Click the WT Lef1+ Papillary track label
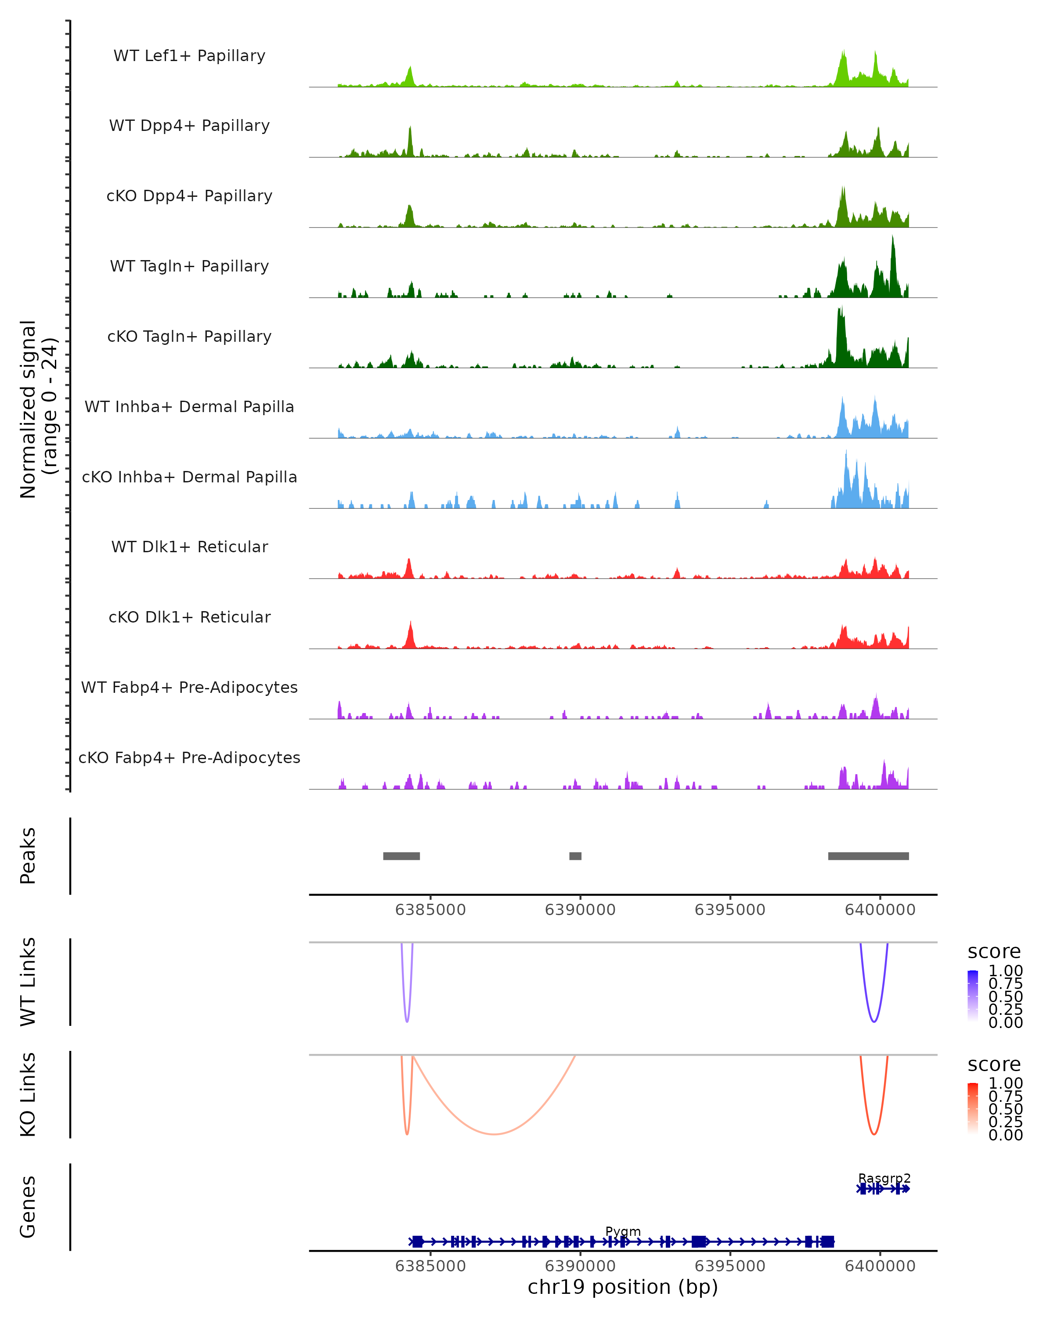point(189,56)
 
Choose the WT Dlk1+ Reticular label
point(189,547)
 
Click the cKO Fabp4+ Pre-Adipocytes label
point(189,757)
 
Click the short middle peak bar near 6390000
point(575,856)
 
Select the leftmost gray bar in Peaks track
point(401,856)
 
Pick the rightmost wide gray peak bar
point(868,856)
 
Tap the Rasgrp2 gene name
point(884,1178)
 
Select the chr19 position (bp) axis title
point(623,1287)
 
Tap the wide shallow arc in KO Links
point(494,1134)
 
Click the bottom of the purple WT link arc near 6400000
point(874,1021)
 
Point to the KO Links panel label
point(28,1094)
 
